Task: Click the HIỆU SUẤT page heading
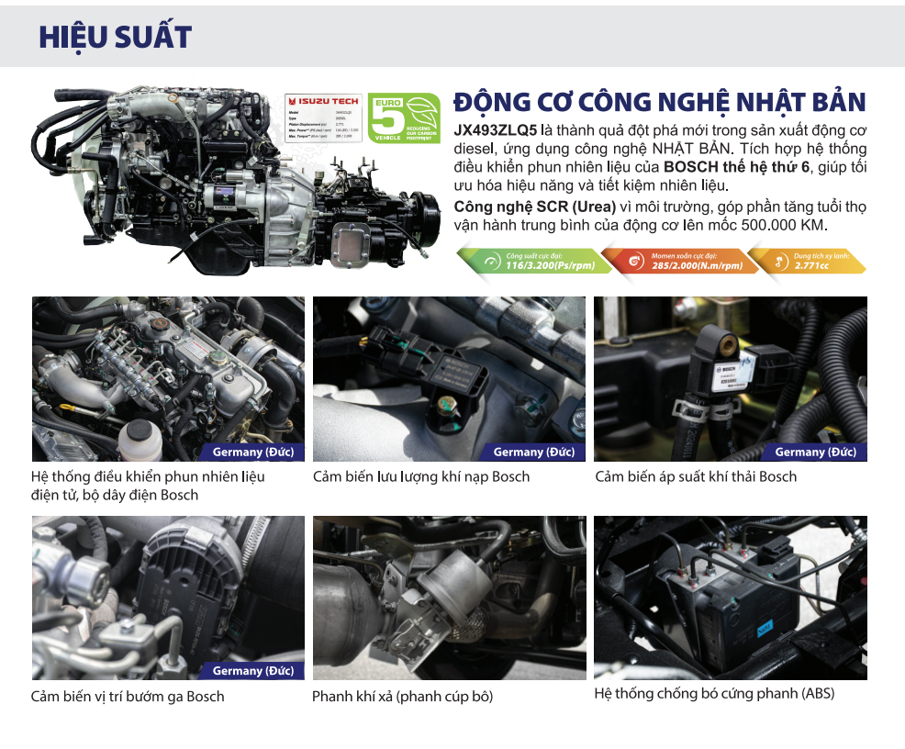115,38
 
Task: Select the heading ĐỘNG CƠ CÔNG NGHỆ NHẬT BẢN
660,102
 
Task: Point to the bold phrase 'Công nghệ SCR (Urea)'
527,207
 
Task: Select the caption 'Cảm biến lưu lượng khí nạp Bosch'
421,476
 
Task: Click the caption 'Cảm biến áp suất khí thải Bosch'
696,476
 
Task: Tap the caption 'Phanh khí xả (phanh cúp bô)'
402,696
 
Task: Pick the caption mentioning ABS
714,694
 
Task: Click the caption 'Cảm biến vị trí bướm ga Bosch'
128,696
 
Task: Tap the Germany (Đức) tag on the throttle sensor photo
253,671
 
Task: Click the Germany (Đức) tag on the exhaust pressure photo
815,452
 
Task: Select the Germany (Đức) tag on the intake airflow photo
533,452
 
